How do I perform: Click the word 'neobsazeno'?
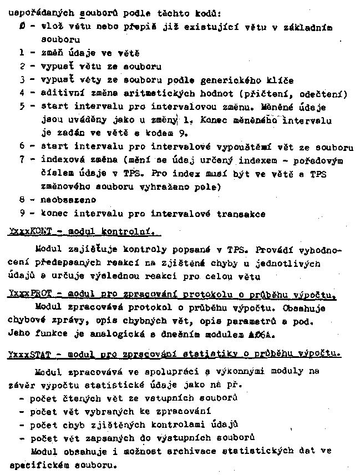[65, 200]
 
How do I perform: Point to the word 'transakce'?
[242, 213]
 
